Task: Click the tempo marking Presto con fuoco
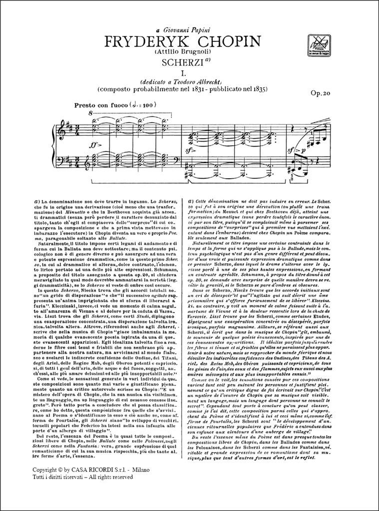102,105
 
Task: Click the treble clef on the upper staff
60,131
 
